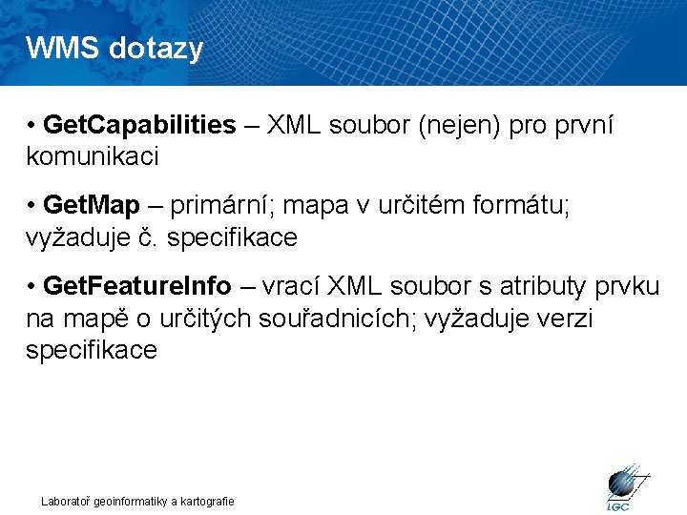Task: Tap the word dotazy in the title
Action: pos(156,48)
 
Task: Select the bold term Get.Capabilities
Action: pos(140,125)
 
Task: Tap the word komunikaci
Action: pos(93,155)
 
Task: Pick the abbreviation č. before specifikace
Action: pos(151,237)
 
